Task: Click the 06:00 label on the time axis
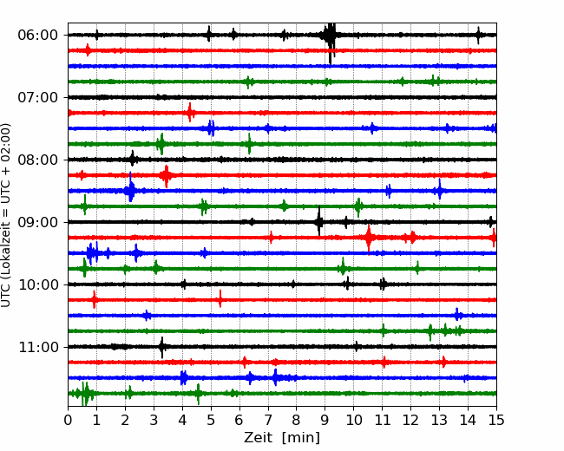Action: pyautogui.click(x=37, y=36)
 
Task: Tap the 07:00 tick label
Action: pyautogui.click(x=37, y=97)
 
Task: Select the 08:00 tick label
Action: pyautogui.click(x=37, y=160)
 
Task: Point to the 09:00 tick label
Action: pyautogui.click(x=37, y=222)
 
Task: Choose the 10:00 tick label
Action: pyautogui.click(x=37, y=284)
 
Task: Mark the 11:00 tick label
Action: pyautogui.click(x=37, y=347)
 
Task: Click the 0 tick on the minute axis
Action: pyautogui.click(x=68, y=420)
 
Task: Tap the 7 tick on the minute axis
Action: pyautogui.click(x=268, y=420)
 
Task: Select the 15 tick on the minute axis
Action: pyautogui.click(x=496, y=420)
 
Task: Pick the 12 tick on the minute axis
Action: pyautogui.click(x=410, y=420)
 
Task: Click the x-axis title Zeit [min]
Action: pyautogui.click(x=282, y=438)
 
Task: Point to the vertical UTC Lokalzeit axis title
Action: pyautogui.click(x=6, y=215)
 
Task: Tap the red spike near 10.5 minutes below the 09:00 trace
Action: pyautogui.click(x=369, y=239)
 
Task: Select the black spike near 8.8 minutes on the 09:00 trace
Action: pyautogui.click(x=319, y=221)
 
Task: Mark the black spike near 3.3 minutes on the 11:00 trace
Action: pyautogui.click(x=162, y=347)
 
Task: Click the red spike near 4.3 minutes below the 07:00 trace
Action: pyautogui.click(x=190, y=113)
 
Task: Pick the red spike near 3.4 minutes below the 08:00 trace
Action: pyautogui.click(x=167, y=176)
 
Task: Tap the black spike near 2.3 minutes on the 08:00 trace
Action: pyautogui.click(x=133, y=159)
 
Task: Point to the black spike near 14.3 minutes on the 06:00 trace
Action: pyautogui.click(x=478, y=35)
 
